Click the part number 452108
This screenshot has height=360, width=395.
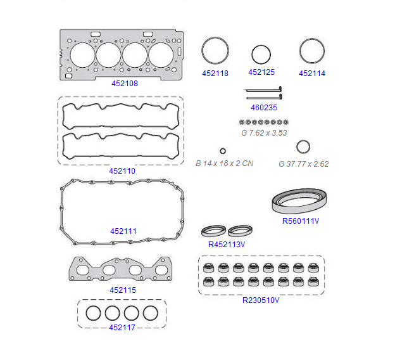pyautogui.click(x=125, y=84)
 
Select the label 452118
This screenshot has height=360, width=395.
pyautogui.click(x=215, y=74)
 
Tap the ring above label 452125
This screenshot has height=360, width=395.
pyautogui.click(x=261, y=55)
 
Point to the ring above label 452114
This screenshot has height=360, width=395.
pyautogui.click(x=312, y=51)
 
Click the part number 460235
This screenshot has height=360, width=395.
pyautogui.click(x=264, y=108)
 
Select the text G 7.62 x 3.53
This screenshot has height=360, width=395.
pyautogui.click(x=264, y=133)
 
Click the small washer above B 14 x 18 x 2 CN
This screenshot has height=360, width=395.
pyautogui.click(x=223, y=151)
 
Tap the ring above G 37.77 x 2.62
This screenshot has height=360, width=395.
pyautogui.click(x=303, y=147)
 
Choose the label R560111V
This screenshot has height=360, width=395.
pyautogui.click(x=301, y=221)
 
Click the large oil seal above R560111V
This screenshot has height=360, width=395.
pyautogui.click(x=299, y=201)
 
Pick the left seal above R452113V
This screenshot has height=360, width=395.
pyautogui.click(x=213, y=231)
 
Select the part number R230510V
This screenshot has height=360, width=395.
pyautogui.click(x=261, y=300)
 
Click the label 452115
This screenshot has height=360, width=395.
pyautogui.click(x=123, y=290)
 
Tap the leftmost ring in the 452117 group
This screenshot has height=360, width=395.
pyautogui.click(x=93, y=313)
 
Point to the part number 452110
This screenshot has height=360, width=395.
pyautogui.click(x=122, y=171)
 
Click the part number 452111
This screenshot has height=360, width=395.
pyautogui.click(x=123, y=231)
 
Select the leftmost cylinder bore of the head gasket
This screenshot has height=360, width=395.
pyautogui.click(x=83, y=55)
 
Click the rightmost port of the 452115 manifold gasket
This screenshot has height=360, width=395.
pyautogui.click(x=161, y=270)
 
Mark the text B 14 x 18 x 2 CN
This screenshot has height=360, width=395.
pyautogui.click(x=225, y=164)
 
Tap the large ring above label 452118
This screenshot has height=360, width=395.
pyautogui.click(x=215, y=51)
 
